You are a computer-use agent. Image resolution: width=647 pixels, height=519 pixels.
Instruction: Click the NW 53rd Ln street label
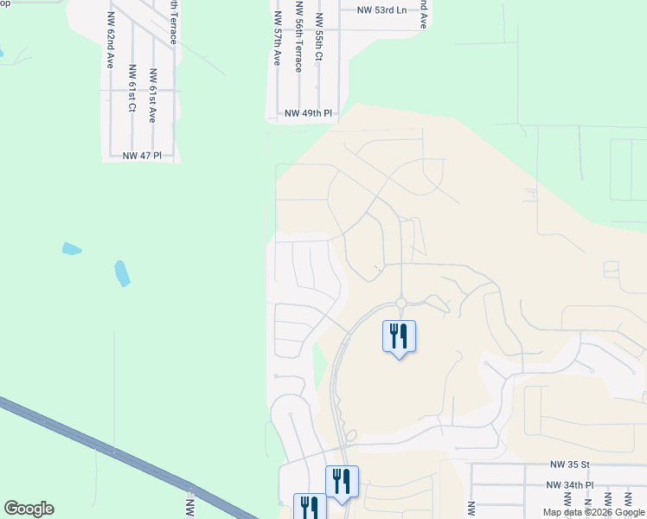click(382, 11)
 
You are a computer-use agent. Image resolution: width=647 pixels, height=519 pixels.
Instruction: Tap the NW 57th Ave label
click(277, 39)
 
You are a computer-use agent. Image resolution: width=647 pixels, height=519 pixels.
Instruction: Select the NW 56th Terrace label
click(298, 36)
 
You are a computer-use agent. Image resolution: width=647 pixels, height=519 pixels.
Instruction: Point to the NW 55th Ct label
click(319, 37)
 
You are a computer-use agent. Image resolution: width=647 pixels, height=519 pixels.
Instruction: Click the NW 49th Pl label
click(309, 113)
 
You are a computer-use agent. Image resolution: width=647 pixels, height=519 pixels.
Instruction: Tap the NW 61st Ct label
click(131, 88)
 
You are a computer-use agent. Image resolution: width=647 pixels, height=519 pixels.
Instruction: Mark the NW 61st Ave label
click(152, 96)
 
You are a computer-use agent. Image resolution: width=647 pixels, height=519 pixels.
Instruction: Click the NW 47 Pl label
click(143, 156)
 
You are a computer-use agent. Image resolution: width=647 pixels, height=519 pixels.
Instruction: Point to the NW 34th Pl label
click(569, 486)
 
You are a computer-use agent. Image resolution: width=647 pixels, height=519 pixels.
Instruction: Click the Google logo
click(29, 509)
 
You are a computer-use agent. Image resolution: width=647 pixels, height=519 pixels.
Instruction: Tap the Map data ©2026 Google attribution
click(593, 512)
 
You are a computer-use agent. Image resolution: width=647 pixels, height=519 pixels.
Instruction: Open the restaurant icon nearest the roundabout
click(399, 335)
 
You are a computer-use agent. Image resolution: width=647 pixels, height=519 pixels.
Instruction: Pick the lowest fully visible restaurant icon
click(342, 481)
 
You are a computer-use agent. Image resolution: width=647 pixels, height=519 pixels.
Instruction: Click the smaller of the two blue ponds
click(72, 249)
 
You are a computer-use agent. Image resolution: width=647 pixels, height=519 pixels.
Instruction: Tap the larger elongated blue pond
click(122, 273)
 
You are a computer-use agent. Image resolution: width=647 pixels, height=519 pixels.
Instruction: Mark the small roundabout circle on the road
click(401, 302)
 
